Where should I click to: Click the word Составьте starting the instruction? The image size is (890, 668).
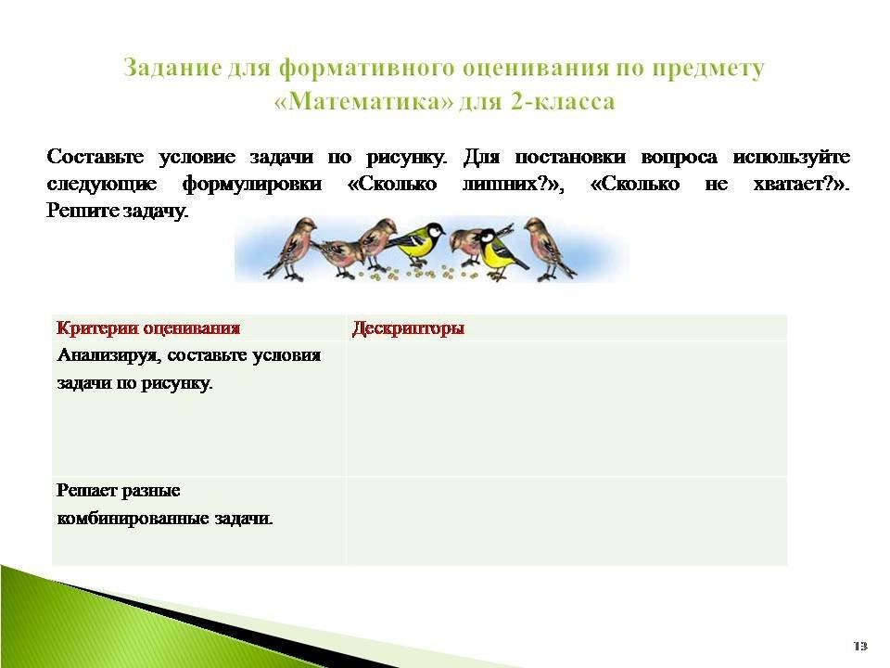(95, 157)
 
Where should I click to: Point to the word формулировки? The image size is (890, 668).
(252, 184)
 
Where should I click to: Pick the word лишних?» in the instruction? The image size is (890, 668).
(513, 184)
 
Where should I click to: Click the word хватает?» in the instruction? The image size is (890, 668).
(801, 184)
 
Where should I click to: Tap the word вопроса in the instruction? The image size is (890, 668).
(679, 157)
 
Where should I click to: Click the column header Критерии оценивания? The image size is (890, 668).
(148, 328)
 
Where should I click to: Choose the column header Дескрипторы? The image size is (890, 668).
(408, 328)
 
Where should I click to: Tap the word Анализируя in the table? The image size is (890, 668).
(109, 356)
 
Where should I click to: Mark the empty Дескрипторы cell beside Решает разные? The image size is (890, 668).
(566, 520)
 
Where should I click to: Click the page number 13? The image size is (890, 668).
(860, 647)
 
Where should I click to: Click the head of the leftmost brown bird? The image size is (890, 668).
(305, 225)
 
